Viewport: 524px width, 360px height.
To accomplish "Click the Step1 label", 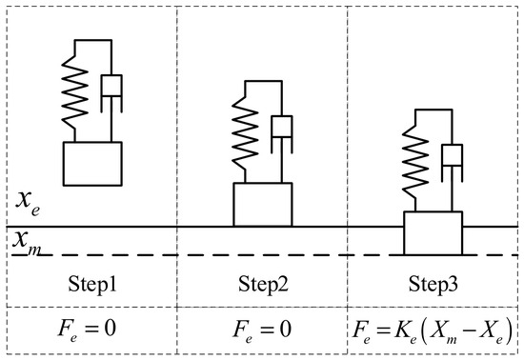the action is click(92, 285).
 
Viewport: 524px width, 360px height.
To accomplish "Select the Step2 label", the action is click(263, 285).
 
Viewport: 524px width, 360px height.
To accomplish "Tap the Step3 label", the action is click(433, 285).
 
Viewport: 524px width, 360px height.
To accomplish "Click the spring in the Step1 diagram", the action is click(75, 91).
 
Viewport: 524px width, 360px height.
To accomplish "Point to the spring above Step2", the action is click(245, 133).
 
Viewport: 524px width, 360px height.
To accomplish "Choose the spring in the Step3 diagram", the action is click(415, 161).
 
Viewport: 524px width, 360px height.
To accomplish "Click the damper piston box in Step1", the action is click(111, 86).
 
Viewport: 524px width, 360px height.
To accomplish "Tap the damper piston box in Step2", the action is click(282, 127).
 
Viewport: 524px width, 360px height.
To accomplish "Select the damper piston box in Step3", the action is click(453, 155).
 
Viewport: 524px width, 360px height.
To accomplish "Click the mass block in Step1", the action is click(92, 164).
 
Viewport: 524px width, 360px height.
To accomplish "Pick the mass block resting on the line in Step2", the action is click(263, 205).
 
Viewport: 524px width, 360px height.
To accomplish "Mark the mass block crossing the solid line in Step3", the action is click(433, 233).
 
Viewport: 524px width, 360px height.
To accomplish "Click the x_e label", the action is click(28, 202).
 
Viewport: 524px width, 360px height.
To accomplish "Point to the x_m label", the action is click(27, 242).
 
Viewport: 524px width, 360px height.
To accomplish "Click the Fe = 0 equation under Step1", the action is click(88, 330).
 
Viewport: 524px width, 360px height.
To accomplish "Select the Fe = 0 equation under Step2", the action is click(262, 330).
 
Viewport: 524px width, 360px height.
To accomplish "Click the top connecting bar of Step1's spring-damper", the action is click(93, 40).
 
